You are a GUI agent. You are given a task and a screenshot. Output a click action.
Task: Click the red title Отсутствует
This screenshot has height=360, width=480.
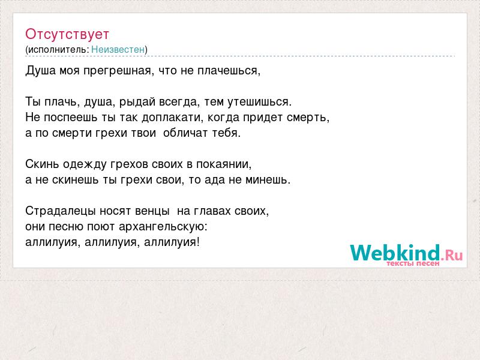tap(67, 34)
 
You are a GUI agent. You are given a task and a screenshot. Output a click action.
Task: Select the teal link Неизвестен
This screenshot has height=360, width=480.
tap(118, 49)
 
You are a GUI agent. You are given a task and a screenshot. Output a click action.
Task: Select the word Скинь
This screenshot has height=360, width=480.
tap(42, 164)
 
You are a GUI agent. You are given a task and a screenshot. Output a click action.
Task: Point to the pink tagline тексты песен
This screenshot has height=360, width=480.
tap(413, 263)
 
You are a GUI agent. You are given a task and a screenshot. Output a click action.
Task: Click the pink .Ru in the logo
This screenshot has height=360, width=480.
tap(452, 254)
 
